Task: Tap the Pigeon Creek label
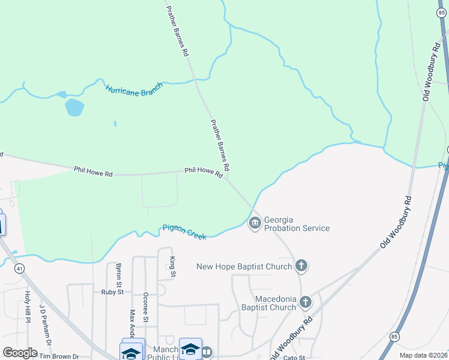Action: (184, 232)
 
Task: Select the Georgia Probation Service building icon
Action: (255, 224)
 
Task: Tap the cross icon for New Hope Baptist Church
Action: (301, 266)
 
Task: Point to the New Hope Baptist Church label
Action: (244, 266)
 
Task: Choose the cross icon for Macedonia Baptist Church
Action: (306, 302)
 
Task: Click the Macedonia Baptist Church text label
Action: (267, 303)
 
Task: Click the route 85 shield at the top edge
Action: (441, 12)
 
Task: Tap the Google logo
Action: (20, 353)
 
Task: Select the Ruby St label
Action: (112, 292)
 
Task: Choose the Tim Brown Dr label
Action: (59, 356)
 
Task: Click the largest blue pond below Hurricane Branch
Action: (74, 108)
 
